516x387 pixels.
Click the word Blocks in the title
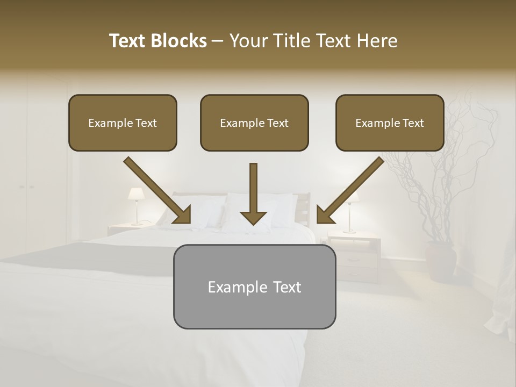point(179,41)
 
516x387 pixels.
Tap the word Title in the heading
point(289,41)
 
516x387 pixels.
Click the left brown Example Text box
point(123,123)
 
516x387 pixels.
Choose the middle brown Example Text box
point(254,123)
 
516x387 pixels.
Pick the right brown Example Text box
point(390,123)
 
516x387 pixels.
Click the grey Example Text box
point(254,286)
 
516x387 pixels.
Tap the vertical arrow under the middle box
point(253,193)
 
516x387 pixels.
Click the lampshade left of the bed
point(135,193)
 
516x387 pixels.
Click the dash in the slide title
point(218,41)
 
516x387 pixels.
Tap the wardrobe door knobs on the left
point(26,187)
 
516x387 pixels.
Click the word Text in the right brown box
point(413,123)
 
